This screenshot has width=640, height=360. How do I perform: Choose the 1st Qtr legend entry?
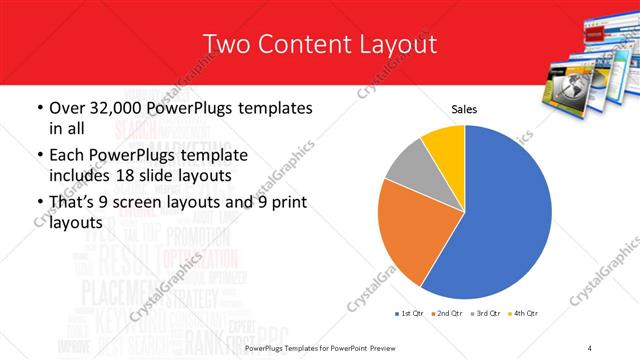coord(412,314)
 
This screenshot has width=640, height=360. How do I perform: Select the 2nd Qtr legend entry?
coord(446,314)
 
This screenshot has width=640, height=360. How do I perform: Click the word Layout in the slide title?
coord(400,44)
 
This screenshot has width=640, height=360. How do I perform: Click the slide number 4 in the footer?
coord(590,347)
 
